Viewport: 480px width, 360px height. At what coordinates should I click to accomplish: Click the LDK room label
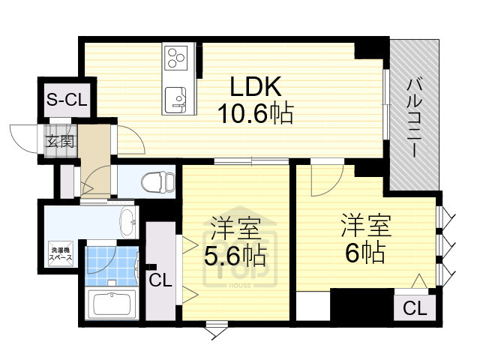pos(254,88)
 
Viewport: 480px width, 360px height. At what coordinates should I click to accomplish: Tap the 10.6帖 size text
pos(254,114)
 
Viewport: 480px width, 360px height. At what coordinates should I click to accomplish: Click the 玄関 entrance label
pos(61,140)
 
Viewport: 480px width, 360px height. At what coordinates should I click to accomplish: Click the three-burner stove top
pos(178,58)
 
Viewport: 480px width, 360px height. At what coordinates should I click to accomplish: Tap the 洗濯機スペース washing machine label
pos(61,253)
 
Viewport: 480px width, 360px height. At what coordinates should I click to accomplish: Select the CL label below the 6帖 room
pos(413,307)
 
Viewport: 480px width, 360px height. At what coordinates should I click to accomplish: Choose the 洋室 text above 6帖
pos(365,223)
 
